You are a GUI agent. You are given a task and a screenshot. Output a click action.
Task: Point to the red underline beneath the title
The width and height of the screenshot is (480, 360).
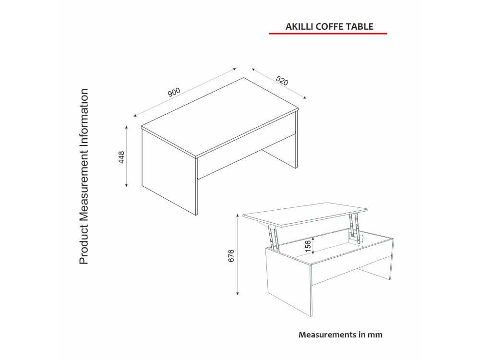coord(328,34)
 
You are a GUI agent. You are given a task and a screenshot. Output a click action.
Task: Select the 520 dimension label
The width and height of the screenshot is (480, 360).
coord(282,81)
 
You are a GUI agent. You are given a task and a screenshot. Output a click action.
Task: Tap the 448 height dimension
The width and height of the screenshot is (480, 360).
coord(122,157)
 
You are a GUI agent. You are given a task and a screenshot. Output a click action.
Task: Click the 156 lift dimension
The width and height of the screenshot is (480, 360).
coord(308,245)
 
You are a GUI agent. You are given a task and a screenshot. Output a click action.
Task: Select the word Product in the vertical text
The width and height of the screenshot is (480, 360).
coord(84,245)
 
